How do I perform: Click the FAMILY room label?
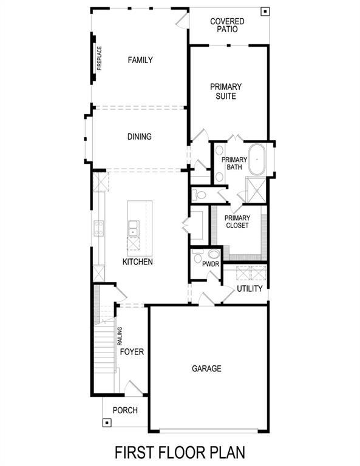[x=140, y=60]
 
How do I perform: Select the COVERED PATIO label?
[x=227, y=25]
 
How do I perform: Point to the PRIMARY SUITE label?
[x=226, y=91]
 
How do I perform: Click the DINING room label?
[x=139, y=137]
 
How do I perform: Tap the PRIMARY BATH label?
[x=234, y=163]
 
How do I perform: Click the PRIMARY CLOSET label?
[x=237, y=222]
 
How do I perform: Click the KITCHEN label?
[x=137, y=262]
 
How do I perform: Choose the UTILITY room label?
[x=250, y=289]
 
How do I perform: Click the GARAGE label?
[x=206, y=368]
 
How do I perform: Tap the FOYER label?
[x=132, y=352]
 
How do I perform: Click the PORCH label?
[x=125, y=410]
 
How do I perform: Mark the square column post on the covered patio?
[x=265, y=11]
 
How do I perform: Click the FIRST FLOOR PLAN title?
[x=180, y=453]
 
